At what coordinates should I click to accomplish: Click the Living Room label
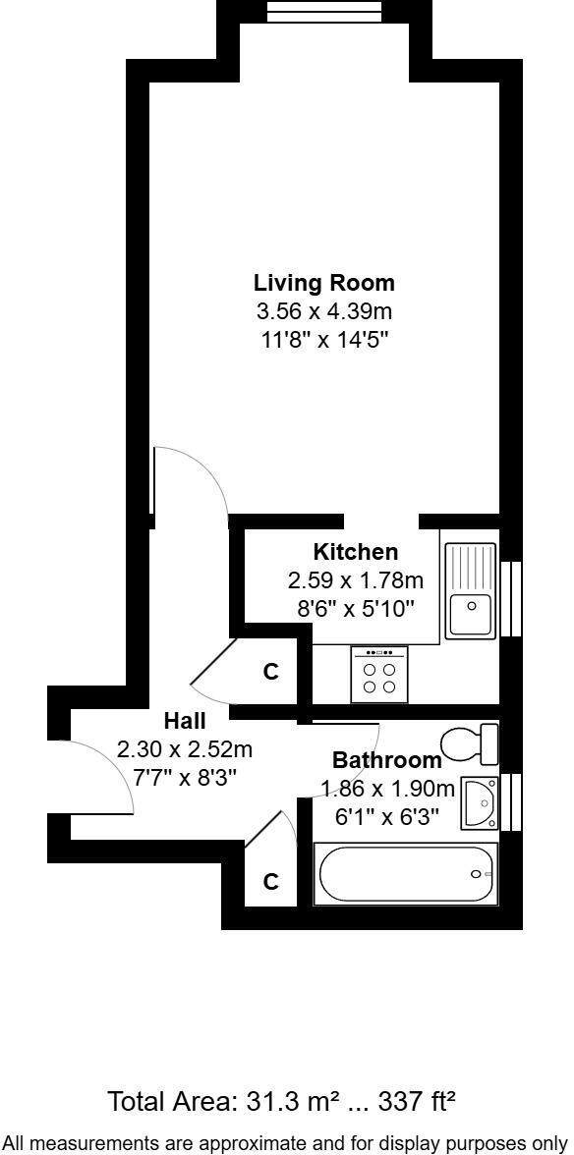click(x=324, y=284)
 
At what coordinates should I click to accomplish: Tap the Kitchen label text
click(x=356, y=552)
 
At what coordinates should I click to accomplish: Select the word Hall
click(x=185, y=722)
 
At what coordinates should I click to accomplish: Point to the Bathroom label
click(x=386, y=760)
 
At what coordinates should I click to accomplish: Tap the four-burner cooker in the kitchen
click(x=378, y=675)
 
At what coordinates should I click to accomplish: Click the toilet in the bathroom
click(x=472, y=743)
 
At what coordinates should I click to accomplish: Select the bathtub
click(x=405, y=874)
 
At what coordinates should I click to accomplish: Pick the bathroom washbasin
click(x=481, y=801)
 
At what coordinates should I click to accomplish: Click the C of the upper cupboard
click(x=271, y=673)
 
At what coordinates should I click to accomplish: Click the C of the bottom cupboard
click(x=271, y=883)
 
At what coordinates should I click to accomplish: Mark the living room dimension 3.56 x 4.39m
click(x=324, y=312)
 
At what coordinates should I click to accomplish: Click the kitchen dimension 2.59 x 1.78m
click(x=356, y=579)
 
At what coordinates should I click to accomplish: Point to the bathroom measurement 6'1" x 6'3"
click(x=387, y=815)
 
